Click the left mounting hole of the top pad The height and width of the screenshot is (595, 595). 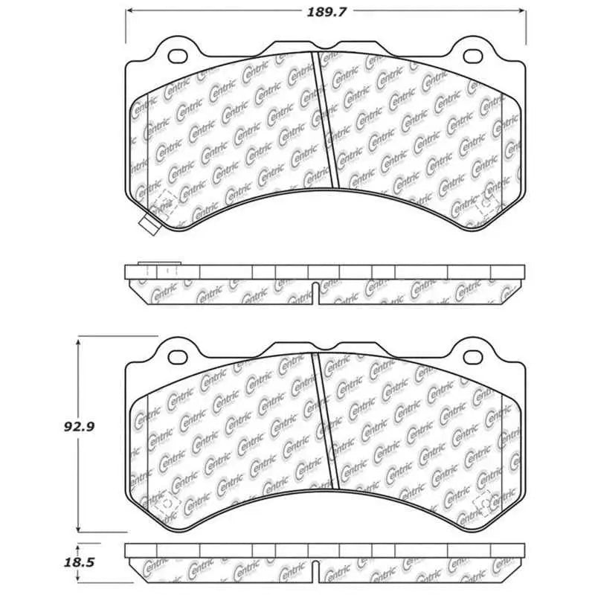coord(178,55)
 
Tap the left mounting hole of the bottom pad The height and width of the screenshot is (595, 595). coord(178,357)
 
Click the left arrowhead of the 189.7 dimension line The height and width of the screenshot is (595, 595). coord(127,11)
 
